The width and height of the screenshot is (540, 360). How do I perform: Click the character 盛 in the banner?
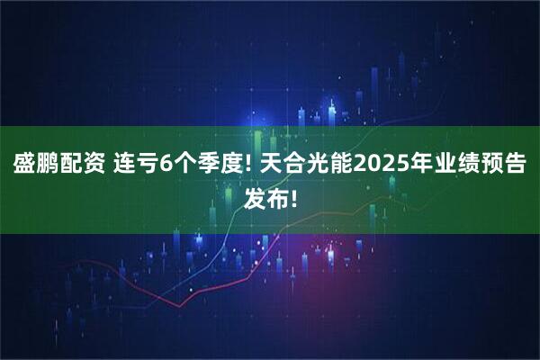[24, 166]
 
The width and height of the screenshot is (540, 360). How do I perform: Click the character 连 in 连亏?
[127, 166]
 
